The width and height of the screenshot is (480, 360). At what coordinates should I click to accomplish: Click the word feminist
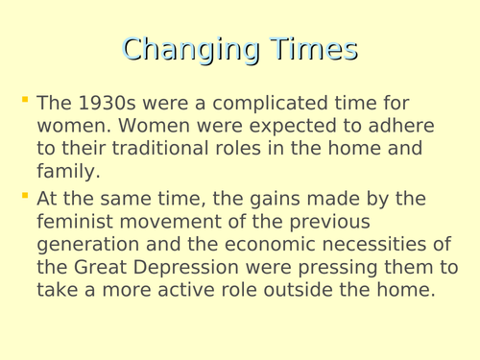coord(76,221)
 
